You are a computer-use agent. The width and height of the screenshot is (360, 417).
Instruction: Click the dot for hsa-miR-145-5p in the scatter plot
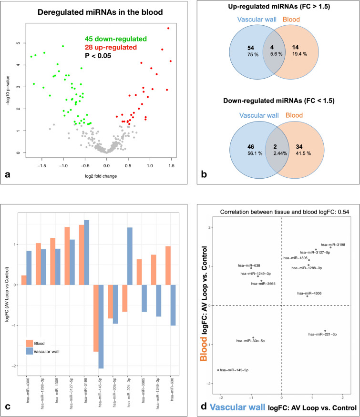coord(218,370)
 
